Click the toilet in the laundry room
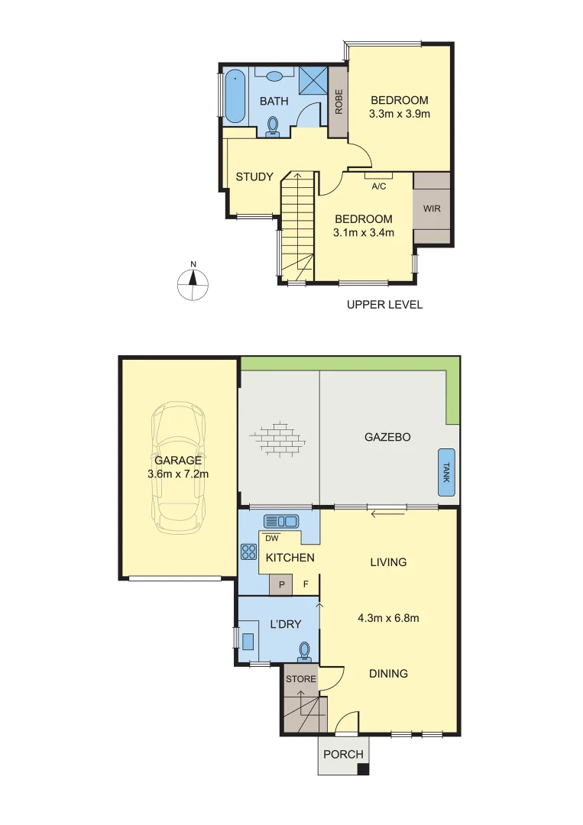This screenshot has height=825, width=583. point(305,649)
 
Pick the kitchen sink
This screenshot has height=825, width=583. point(280,521)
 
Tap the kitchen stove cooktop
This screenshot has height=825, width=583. point(248,551)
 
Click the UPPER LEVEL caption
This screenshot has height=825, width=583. point(384,305)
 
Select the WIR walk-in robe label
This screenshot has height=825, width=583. point(432,208)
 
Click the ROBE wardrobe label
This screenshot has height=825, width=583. point(338,102)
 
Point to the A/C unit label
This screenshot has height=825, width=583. point(378,185)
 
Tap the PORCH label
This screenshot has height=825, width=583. point(343,754)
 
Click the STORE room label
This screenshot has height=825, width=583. point(300,678)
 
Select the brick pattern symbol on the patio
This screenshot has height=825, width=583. point(278,436)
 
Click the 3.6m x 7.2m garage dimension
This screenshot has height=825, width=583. point(178,474)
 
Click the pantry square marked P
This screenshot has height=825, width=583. point(281,584)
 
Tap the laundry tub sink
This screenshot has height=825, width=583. point(249,639)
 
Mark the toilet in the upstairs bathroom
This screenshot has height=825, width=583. point(274,126)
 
